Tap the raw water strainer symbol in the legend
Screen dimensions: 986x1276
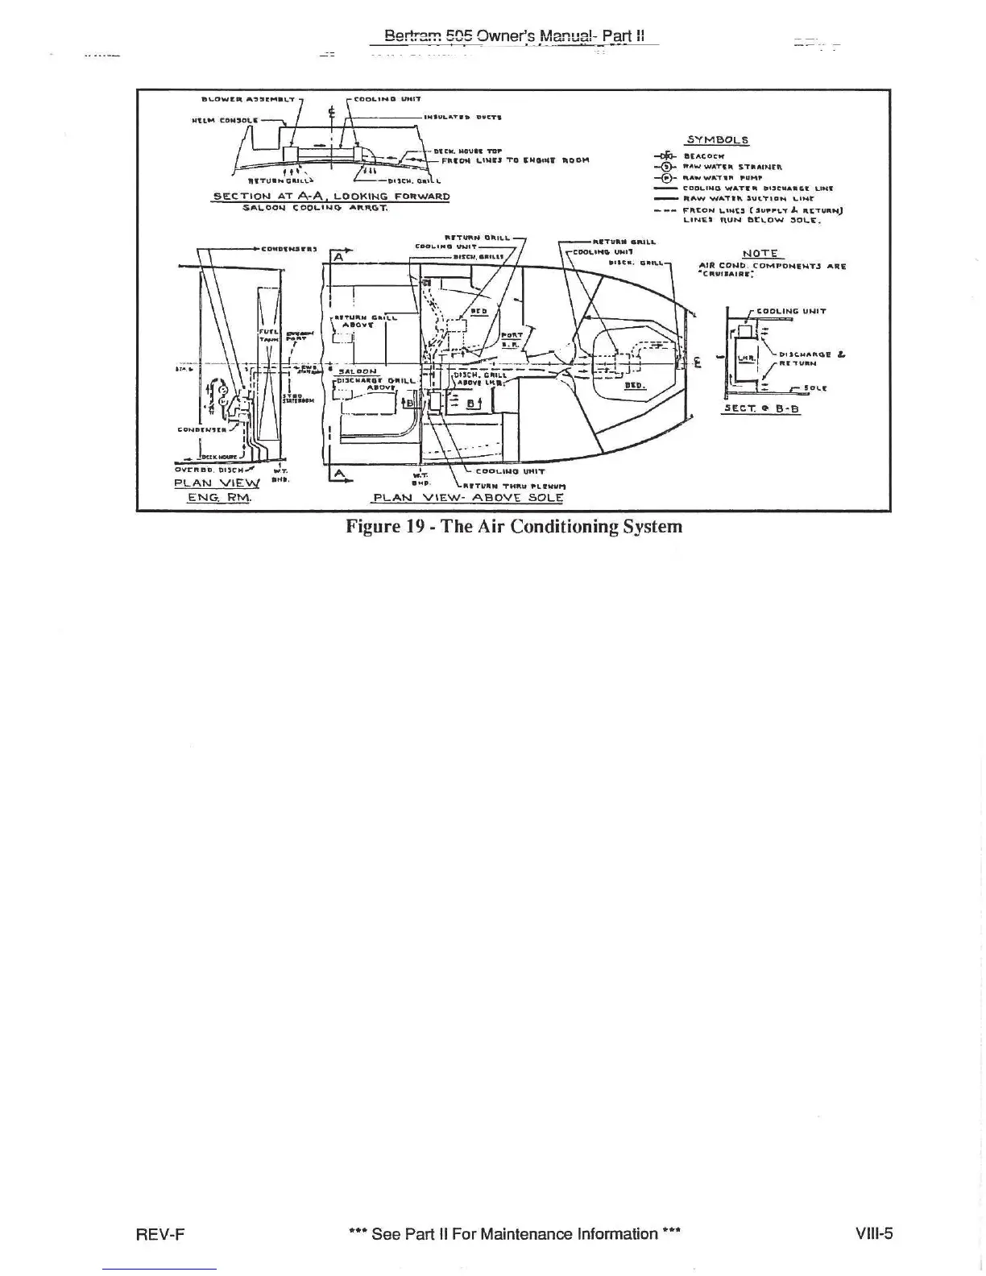click(666, 168)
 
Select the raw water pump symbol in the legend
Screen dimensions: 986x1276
click(666, 177)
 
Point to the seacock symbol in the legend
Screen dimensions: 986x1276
click(666, 157)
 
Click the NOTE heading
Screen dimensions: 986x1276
click(759, 254)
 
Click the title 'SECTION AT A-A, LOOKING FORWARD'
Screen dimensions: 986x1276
click(330, 196)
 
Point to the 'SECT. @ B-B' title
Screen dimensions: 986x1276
click(761, 408)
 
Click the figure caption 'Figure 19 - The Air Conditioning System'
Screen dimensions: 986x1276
click(514, 527)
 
